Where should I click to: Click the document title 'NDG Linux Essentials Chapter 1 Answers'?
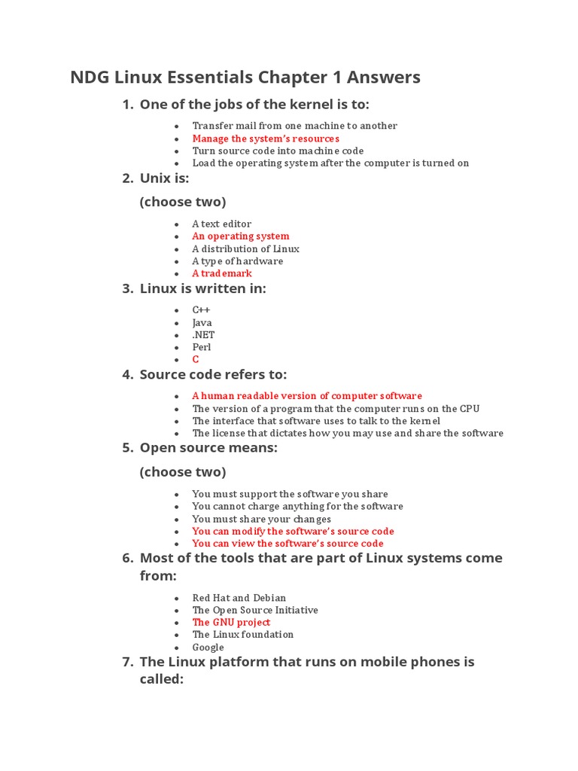point(245,78)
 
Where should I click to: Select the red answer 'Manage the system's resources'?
point(266,139)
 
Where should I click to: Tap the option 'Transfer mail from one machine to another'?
point(294,126)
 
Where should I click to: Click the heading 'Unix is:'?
point(164,178)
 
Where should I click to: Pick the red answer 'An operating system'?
point(241,236)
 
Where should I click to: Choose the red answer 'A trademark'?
point(222,273)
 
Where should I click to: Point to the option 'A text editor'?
point(222,224)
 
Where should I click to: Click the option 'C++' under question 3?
point(201,310)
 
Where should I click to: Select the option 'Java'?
point(202,322)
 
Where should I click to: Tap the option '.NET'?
point(203,335)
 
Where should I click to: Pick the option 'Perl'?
point(202,347)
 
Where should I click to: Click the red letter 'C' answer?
point(196,360)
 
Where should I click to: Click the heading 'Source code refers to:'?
point(213,375)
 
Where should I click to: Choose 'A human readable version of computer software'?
point(307,396)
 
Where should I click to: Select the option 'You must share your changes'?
point(261,519)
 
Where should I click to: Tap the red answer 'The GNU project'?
point(231,622)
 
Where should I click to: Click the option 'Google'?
point(208,647)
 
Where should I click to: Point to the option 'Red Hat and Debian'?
point(239,598)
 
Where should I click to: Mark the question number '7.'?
point(127,662)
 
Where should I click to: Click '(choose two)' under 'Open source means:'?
point(183,472)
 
